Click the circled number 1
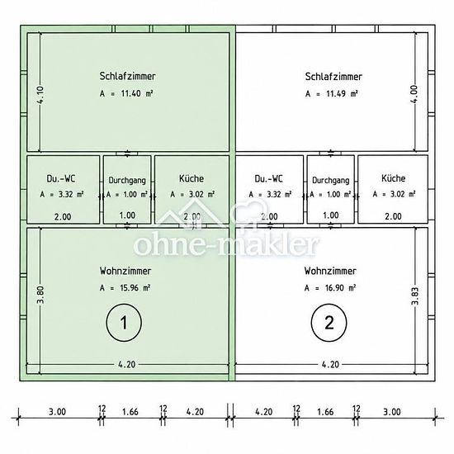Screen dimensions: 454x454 click(124, 323)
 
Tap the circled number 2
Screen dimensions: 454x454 click(329, 323)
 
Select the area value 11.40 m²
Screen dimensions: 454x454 click(126, 93)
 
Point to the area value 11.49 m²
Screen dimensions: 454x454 click(332, 94)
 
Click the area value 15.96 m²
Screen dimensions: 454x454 click(125, 288)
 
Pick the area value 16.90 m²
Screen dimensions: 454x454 click(330, 288)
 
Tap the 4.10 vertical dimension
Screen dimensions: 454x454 click(40, 95)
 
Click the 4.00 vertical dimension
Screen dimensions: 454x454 click(414, 94)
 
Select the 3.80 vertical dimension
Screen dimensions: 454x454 click(40, 295)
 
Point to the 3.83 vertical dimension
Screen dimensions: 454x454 click(414, 296)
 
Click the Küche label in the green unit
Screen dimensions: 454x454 click(192, 178)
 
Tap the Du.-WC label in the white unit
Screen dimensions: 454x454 click(269, 178)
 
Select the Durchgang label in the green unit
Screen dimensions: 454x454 click(127, 181)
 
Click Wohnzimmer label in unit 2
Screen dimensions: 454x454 click(330, 271)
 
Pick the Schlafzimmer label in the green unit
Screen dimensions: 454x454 click(127, 76)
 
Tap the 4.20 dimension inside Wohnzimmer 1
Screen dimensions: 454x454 click(127, 364)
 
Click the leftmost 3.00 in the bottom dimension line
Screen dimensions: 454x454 click(57, 412)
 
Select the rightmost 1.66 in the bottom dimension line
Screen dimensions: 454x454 click(325, 412)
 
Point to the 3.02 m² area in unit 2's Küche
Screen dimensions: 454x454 click(394, 194)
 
